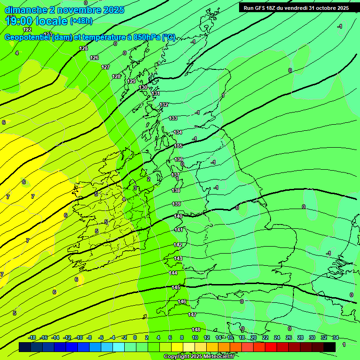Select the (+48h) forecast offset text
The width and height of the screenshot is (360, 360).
[81, 21]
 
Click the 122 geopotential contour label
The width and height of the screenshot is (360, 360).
[27, 30]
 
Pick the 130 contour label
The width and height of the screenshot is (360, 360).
[143, 87]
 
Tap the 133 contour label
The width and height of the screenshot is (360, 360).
[173, 119]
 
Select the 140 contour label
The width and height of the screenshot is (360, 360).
[178, 216]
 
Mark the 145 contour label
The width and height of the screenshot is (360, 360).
[176, 287]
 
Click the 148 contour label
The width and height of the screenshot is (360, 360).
[196, 330]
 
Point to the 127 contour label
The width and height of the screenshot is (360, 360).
[105, 67]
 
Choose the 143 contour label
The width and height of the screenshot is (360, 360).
[178, 258]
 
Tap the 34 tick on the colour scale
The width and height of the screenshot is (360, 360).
[336, 337]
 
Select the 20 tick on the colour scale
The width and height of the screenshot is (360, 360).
[253, 337]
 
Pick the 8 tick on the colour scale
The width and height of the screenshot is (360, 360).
[182, 337]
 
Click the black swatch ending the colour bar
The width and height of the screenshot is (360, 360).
[330, 347]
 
